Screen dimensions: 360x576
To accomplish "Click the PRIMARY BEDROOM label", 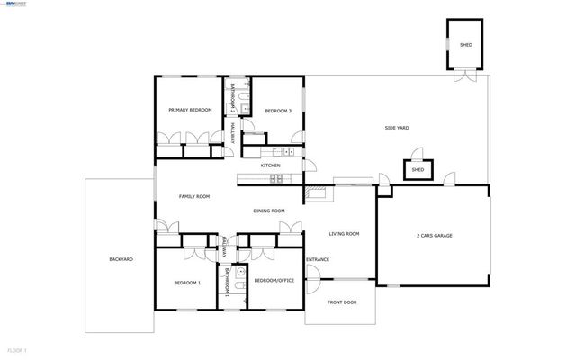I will tap(190, 110).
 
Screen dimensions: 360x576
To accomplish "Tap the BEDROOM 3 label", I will tap(277, 111).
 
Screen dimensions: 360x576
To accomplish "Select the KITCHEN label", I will tap(270, 166).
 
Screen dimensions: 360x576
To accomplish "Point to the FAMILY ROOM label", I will tap(193, 196).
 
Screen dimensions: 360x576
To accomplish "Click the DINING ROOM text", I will tap(268, 211).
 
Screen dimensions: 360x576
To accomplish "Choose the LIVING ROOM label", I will tap(343, 233).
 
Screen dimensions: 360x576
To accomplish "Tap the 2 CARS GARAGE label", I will tap(433, 235).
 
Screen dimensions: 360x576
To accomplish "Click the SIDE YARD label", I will tap(397, 128).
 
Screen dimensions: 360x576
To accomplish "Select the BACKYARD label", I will tap(121, 259).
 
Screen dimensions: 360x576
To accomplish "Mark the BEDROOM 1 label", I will tap(187, 282).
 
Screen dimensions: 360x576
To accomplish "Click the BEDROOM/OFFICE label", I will tap(274, 281).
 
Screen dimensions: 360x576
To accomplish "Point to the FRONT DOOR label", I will tap(341, 302).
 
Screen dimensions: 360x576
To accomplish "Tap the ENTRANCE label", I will tap(318, 260).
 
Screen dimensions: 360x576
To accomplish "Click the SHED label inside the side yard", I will tap(418, 169).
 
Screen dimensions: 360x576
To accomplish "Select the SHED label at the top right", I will tap(465, 44).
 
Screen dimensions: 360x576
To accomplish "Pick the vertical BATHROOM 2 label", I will tap(232, 98).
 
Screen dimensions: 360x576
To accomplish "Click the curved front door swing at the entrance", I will tap(315, 283).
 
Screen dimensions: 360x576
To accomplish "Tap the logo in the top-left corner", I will tap(14, 4).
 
